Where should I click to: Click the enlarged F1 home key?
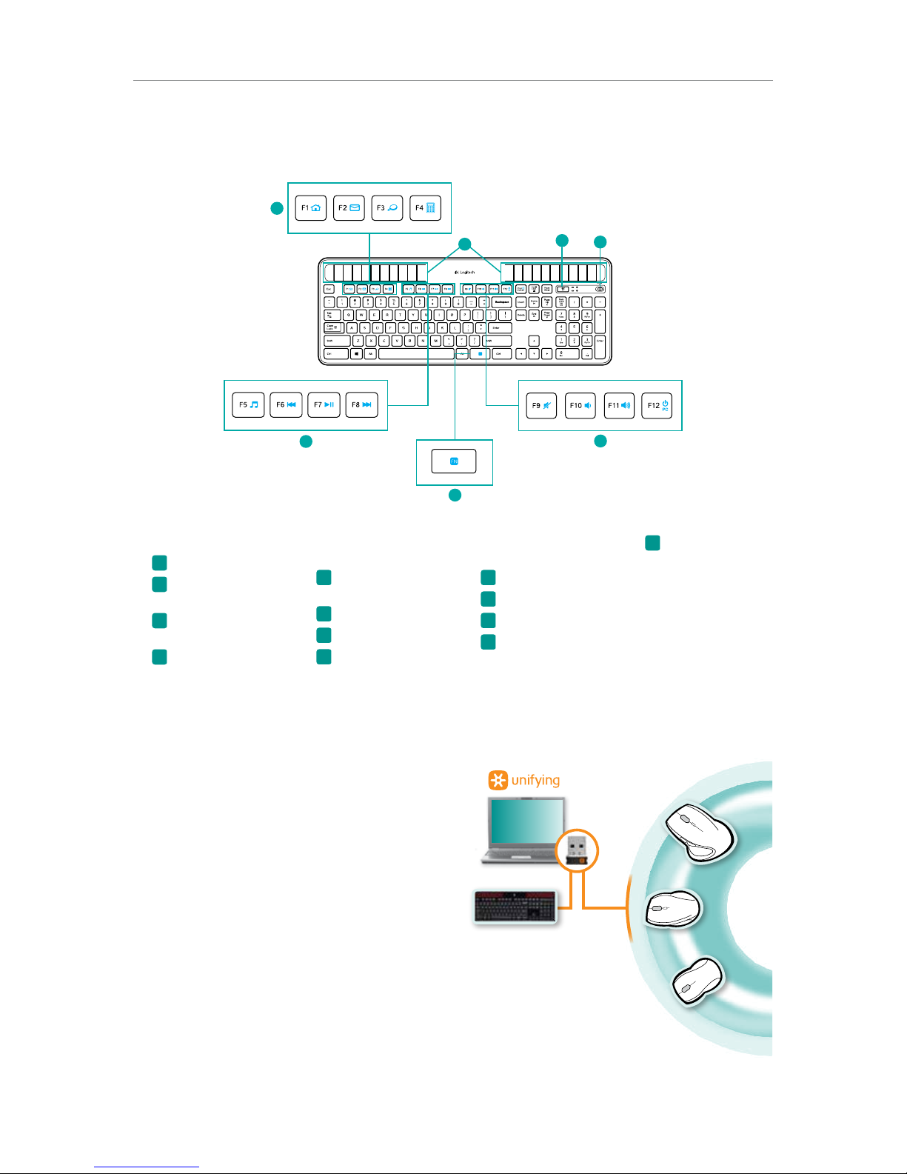click(311, 208)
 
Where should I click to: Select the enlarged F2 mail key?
click(349, 208)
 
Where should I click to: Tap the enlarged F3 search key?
click(386, 208)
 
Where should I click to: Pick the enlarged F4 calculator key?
click(425, 208)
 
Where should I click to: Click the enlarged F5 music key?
click(248, 405)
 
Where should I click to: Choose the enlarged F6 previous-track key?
click(286, 405)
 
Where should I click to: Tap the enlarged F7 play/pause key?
click(324, 405)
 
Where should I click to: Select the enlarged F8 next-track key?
click(361, 405)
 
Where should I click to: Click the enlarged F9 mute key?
click(541, 406)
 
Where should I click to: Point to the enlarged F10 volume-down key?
click(580, 406)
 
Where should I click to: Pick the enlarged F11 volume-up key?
click(619, 406)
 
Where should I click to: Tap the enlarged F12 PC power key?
click(657, 406)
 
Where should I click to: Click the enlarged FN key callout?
click(454, 461)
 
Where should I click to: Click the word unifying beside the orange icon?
click(535, 780)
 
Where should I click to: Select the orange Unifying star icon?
click(498, 780)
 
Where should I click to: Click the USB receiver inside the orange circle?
click(576, 849)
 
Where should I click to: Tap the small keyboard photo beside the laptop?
click(515, 907)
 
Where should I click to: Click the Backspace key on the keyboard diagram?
click(502, 302)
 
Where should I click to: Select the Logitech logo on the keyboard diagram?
click(464, 273)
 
